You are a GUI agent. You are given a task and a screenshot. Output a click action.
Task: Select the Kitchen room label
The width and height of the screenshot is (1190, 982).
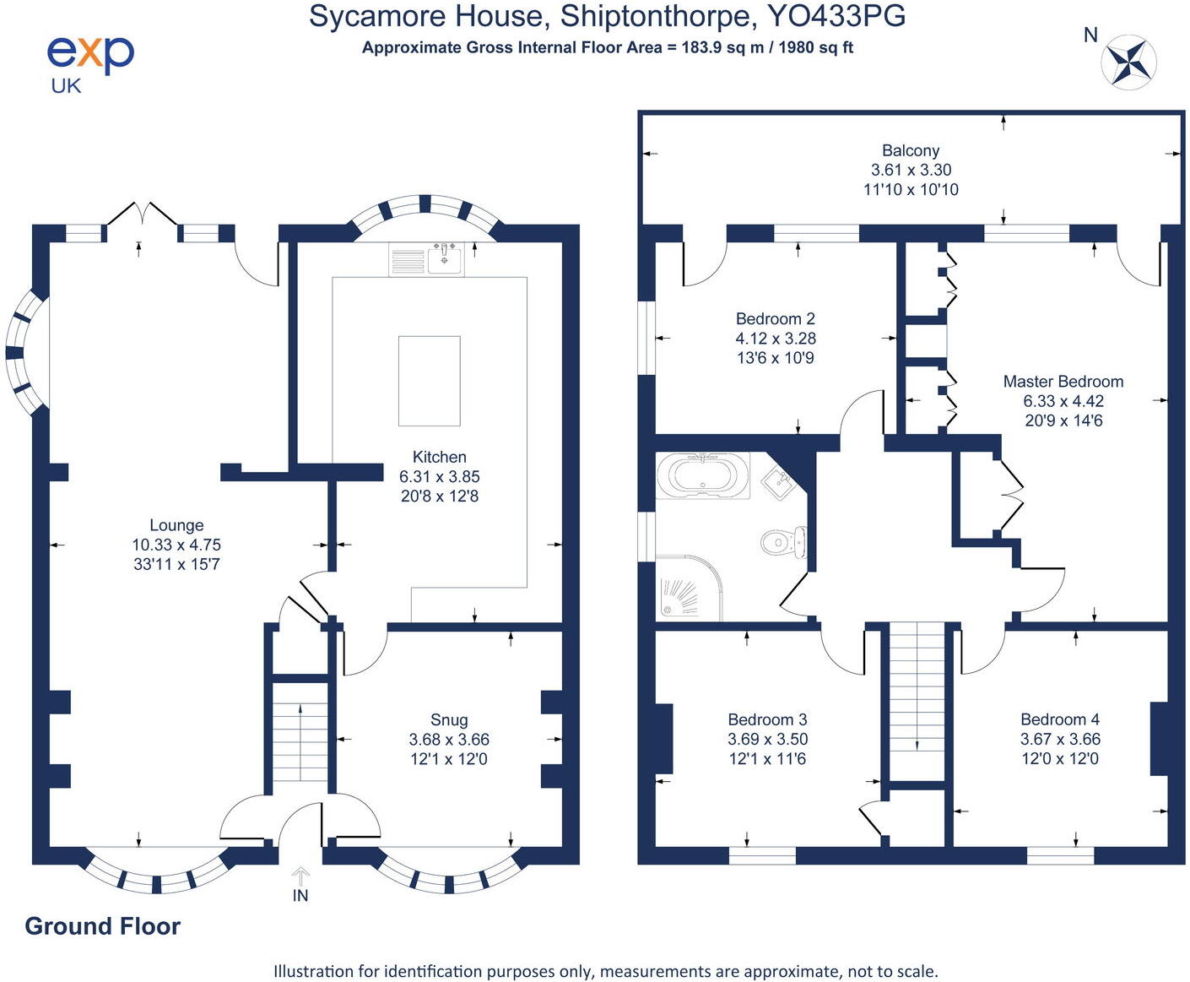(439, 457)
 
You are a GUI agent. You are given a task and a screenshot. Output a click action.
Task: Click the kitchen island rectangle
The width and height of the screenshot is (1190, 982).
(429, 381)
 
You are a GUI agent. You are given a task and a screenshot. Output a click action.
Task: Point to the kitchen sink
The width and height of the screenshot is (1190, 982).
(444, 258)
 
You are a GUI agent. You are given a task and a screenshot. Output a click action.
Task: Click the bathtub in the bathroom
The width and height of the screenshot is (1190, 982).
(702, 475)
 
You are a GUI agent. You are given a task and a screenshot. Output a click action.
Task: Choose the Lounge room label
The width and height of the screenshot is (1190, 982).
(176, 525)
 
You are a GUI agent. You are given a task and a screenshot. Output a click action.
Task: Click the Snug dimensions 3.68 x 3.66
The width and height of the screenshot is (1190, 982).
(449, 739)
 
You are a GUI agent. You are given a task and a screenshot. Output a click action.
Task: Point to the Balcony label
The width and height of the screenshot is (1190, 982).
(911, 150)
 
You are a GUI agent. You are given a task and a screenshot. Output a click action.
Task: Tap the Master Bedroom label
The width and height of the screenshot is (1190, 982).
(1063, 382)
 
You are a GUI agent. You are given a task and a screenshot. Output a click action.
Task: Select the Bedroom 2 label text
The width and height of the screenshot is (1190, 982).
(775, 318)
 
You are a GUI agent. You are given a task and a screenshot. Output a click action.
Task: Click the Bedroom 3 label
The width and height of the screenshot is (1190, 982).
(767, 719)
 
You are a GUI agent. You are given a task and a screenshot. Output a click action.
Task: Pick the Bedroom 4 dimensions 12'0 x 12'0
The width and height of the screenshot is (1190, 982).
(1060, 758)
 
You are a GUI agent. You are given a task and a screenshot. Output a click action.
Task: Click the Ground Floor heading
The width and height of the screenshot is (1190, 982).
(103, 926)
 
